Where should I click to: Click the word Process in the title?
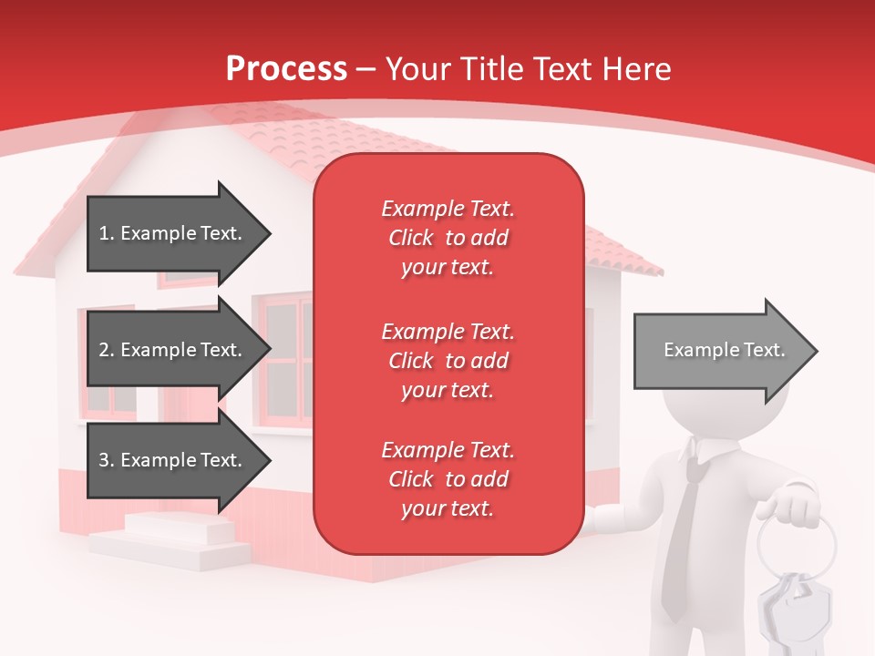point(286,69)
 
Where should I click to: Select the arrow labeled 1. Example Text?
point(173,233)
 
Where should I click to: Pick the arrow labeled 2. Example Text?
point(173,350)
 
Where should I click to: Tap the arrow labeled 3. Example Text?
point(173,460)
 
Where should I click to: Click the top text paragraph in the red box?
point(448,238)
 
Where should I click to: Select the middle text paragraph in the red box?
point(448,361)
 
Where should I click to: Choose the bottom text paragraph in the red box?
point(448,479)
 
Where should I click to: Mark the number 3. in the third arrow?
point(107,460)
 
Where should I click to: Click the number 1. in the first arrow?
point(107,233)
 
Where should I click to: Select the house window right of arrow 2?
point(288,360)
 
